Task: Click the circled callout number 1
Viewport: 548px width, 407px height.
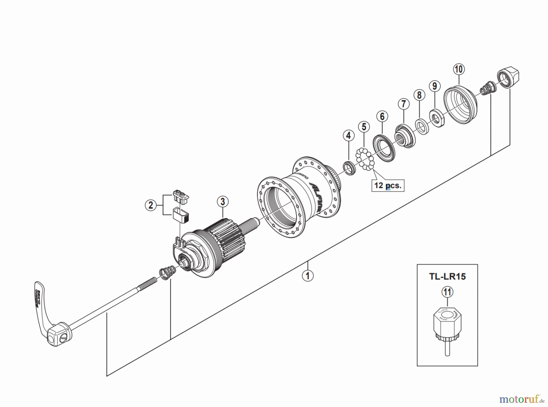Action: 307,276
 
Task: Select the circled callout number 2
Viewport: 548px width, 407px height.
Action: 151,205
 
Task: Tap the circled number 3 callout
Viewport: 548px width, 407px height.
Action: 223,201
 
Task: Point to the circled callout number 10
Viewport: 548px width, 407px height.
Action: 459,69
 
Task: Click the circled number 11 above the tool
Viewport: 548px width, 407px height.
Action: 447,292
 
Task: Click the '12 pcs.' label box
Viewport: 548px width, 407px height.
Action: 388,185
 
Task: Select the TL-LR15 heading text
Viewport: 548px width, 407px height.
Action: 447,277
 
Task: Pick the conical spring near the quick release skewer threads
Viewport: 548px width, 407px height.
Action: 167,272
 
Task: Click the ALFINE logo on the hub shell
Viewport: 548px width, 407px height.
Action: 317,195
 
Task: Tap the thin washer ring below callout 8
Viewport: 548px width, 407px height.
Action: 422,127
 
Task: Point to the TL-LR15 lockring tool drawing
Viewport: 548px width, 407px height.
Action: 447,329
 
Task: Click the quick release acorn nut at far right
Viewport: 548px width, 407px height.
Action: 509,78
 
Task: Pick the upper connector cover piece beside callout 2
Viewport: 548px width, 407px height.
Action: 181,196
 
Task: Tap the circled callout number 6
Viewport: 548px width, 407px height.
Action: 382,116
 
